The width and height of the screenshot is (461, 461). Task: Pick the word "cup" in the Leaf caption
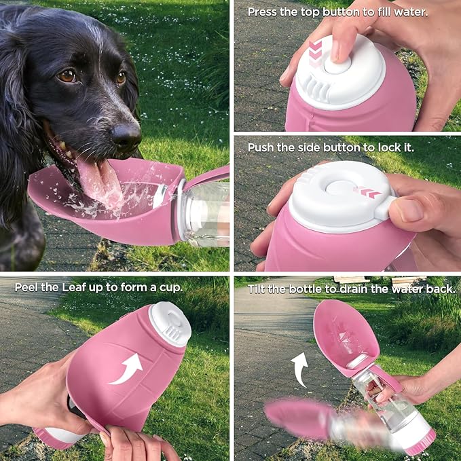coord(170,288)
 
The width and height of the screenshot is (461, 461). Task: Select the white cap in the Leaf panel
coord(170,323)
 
